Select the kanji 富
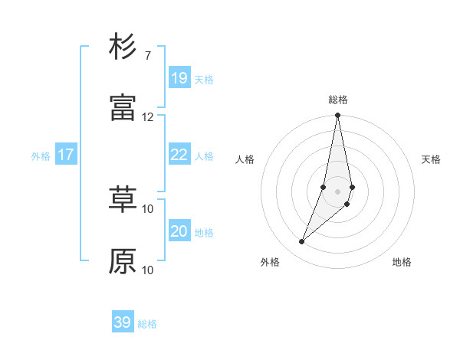[x=123, y=108]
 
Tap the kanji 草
[x=123, y=200]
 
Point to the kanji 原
[x=123, y=261]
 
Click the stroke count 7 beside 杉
[x=147, y=55]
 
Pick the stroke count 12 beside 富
[x=147, y=116]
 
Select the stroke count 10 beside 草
[x=147, y=208]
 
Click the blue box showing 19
[x=179, y=77]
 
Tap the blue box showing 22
[x=179, y=154]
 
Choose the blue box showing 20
[x=179, y=231]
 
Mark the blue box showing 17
[x=66, y=154]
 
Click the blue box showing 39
[x=123, y=322]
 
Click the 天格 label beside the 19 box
[x=204, y=79]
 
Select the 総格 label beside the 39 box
[x=147, y=324]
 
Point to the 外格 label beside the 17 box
[x=41, y=156]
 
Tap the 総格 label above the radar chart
[x=338, y=100]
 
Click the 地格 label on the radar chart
[x=402, y=262]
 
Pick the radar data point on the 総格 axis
[x=337, y=116]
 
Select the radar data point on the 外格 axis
[x=301, y=242]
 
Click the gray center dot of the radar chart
[x=337, y=191]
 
